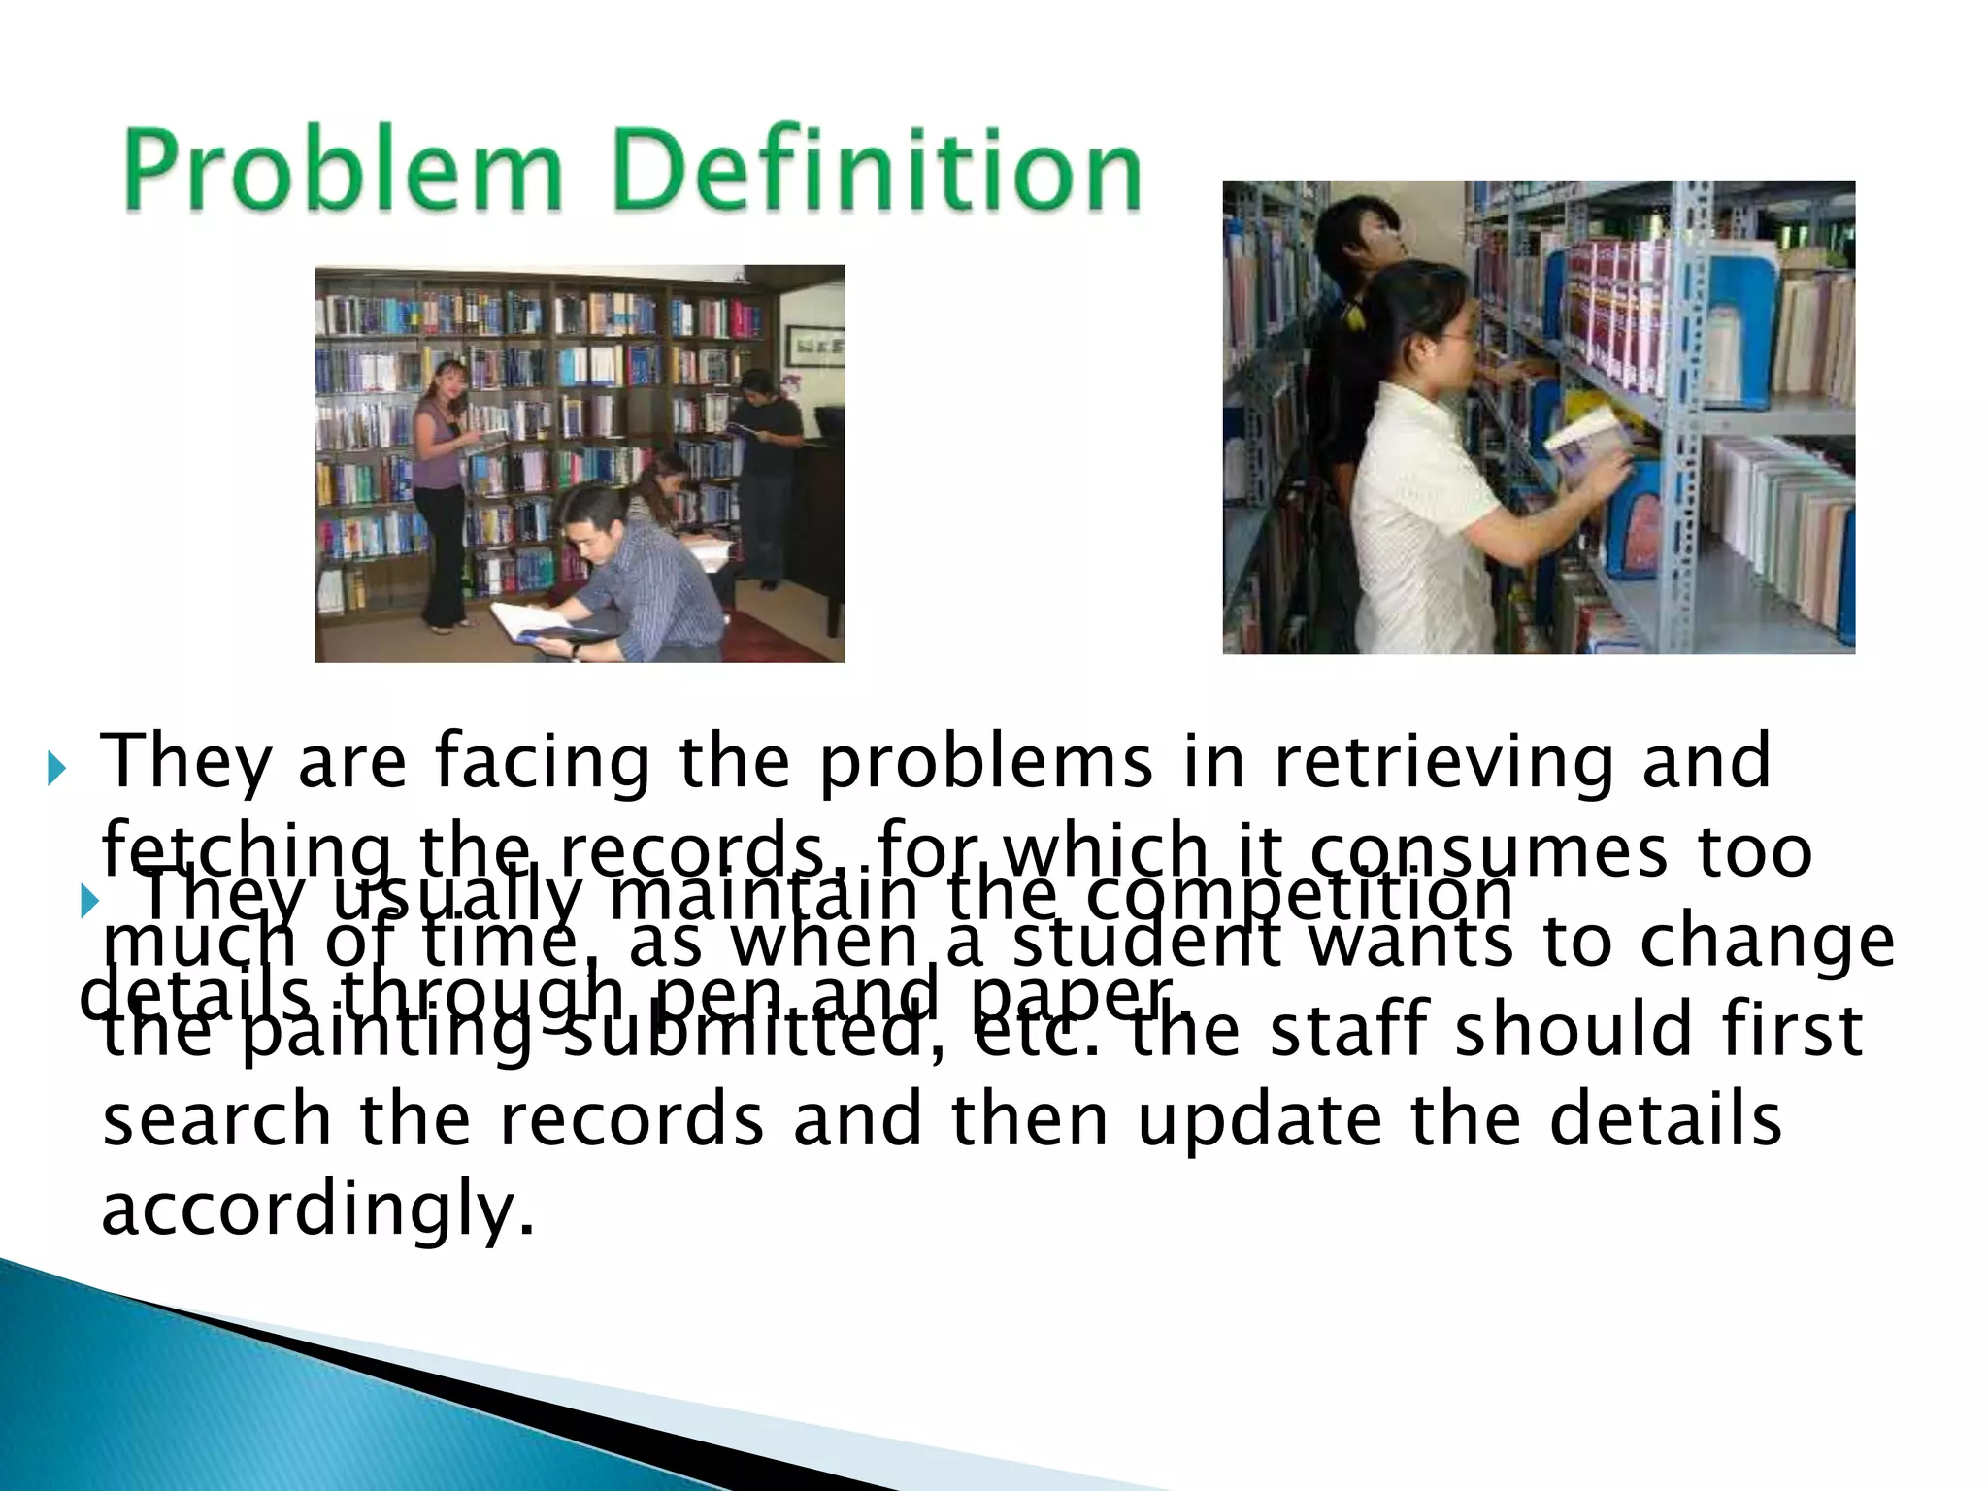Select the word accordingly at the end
click(x=318, y=1209)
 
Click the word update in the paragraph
click(x=1259, y=1120)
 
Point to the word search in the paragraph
click(x=216, y=1120)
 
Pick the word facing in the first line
click(x=542, y=763)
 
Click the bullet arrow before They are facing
click(x=56, y=771)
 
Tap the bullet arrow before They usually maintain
click(x=89, y=903)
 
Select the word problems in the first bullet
click(x=986, y=763)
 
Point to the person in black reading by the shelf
click(x=767, y=466)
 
